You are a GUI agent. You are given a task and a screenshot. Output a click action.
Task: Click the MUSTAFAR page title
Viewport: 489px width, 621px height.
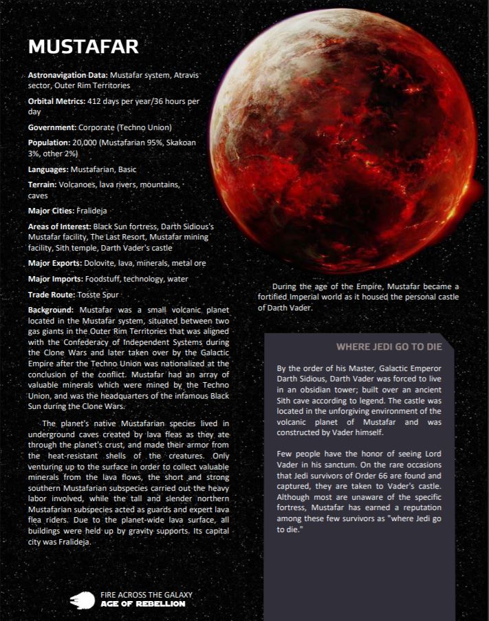[83, 47]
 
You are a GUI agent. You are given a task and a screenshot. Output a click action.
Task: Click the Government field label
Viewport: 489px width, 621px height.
[52, 128]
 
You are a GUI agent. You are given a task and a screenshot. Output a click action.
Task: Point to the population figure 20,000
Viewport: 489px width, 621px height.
[96, 143]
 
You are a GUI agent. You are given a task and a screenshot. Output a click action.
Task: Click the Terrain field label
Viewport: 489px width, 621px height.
[45, 185]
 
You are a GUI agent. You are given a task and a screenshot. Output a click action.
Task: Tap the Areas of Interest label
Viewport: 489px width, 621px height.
[59, 227]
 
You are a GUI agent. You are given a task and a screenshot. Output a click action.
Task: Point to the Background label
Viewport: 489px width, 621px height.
[51, 310]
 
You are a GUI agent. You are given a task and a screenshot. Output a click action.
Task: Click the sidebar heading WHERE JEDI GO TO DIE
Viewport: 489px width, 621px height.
[389, 346]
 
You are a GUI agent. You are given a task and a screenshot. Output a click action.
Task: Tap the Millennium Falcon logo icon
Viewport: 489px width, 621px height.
[82, 600]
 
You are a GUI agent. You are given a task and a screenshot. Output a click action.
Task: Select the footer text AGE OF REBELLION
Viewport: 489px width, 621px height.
[142, 604]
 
